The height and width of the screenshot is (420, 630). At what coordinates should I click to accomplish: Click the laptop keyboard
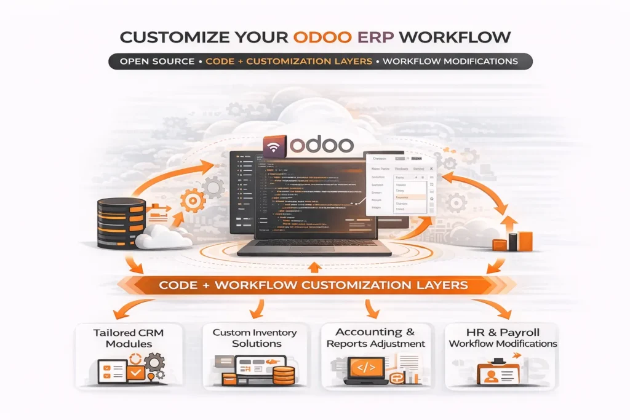pos(314,245)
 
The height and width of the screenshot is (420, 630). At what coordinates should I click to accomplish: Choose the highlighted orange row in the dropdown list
pos(409,197)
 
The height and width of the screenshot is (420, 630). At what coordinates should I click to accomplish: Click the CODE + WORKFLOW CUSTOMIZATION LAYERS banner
pos(313,285)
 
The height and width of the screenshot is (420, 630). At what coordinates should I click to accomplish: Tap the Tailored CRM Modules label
pos(129,338)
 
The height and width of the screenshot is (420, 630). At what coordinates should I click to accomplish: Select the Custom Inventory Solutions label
pos(255,338)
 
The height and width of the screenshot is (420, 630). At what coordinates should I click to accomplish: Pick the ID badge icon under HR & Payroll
pos(496,373)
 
